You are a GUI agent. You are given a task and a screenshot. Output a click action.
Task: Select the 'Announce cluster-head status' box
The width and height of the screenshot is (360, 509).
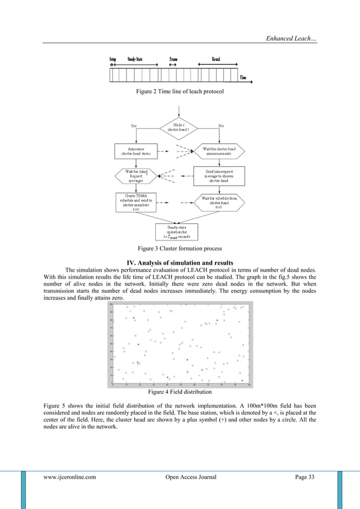137,151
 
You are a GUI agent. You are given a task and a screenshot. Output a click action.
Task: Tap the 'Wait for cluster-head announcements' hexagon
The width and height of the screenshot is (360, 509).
218,151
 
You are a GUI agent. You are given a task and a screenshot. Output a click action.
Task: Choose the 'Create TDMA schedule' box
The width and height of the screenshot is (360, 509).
136,202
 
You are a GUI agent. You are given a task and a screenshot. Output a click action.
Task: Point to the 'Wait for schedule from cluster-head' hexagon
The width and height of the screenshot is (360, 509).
218,202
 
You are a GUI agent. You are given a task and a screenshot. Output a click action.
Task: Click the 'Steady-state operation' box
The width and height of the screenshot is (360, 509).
177,231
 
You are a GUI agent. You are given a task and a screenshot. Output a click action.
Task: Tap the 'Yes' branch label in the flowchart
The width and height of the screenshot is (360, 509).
134,125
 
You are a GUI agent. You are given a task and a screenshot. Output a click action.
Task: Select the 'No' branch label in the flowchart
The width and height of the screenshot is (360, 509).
221,125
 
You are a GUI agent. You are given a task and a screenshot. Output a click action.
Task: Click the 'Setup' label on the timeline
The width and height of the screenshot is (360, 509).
113,59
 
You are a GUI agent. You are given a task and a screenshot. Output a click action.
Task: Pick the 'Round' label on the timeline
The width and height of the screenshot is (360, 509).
216,59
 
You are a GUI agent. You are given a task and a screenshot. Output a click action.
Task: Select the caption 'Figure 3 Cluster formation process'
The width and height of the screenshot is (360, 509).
179,248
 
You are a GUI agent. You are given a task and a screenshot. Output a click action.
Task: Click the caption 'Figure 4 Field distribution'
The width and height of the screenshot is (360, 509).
179,391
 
